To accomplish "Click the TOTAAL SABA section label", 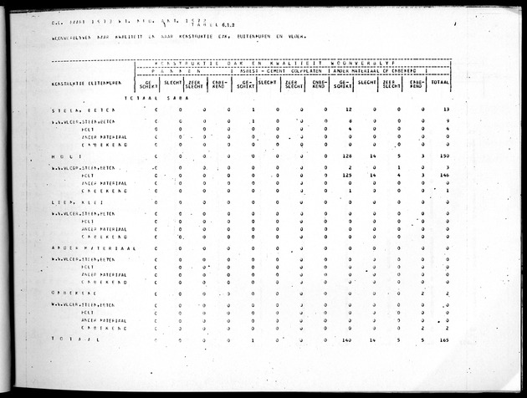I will [166, 98].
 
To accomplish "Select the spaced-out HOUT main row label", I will [65, 156].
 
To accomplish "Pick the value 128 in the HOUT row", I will [348, 156].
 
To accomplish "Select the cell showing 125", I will [348, 175].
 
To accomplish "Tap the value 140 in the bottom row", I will [348, 340].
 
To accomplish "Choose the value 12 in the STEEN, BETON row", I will [349, 110].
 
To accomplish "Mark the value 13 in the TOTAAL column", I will [447, 110].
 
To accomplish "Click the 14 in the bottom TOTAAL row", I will [373, 340].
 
